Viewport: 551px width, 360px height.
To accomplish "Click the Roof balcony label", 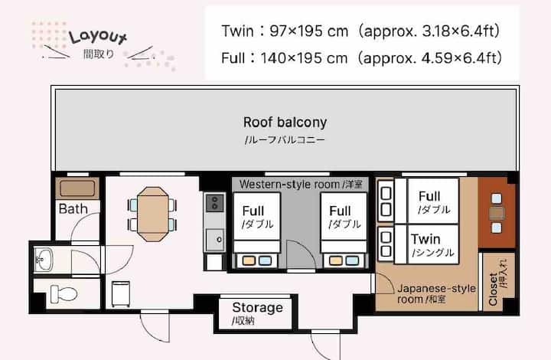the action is (x=285, y=123).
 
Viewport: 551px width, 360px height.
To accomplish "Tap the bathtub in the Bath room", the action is (x=77, y=188).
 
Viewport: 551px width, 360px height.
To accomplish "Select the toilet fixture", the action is (x=64, y=294).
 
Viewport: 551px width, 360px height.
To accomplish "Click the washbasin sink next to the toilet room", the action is (x=44, y=260).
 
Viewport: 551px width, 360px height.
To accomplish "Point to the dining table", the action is (x=152, y=214).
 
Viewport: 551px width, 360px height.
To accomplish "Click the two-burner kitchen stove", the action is (x=215, y=202).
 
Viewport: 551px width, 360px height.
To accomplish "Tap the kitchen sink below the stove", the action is (x=215, y=240).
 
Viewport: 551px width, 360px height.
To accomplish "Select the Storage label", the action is (x=258, y=308).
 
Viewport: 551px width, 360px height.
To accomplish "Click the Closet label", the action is (x=493, y=290).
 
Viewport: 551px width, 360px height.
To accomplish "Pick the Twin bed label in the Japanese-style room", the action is (x=425, y=240).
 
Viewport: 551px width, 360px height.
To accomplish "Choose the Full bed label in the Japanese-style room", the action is (x=429, y=196).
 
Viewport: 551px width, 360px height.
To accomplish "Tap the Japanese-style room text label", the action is (x=436, y=294).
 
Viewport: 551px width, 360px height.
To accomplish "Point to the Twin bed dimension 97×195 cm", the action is (x=309, y=31).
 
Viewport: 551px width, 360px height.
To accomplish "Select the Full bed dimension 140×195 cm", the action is (x=304, y=58).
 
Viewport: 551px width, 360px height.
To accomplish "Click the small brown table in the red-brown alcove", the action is (x=497, y=213).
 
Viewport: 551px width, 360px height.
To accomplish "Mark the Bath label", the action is (x=73, y=209).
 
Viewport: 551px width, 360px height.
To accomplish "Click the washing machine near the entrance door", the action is (x=121, y=294).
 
